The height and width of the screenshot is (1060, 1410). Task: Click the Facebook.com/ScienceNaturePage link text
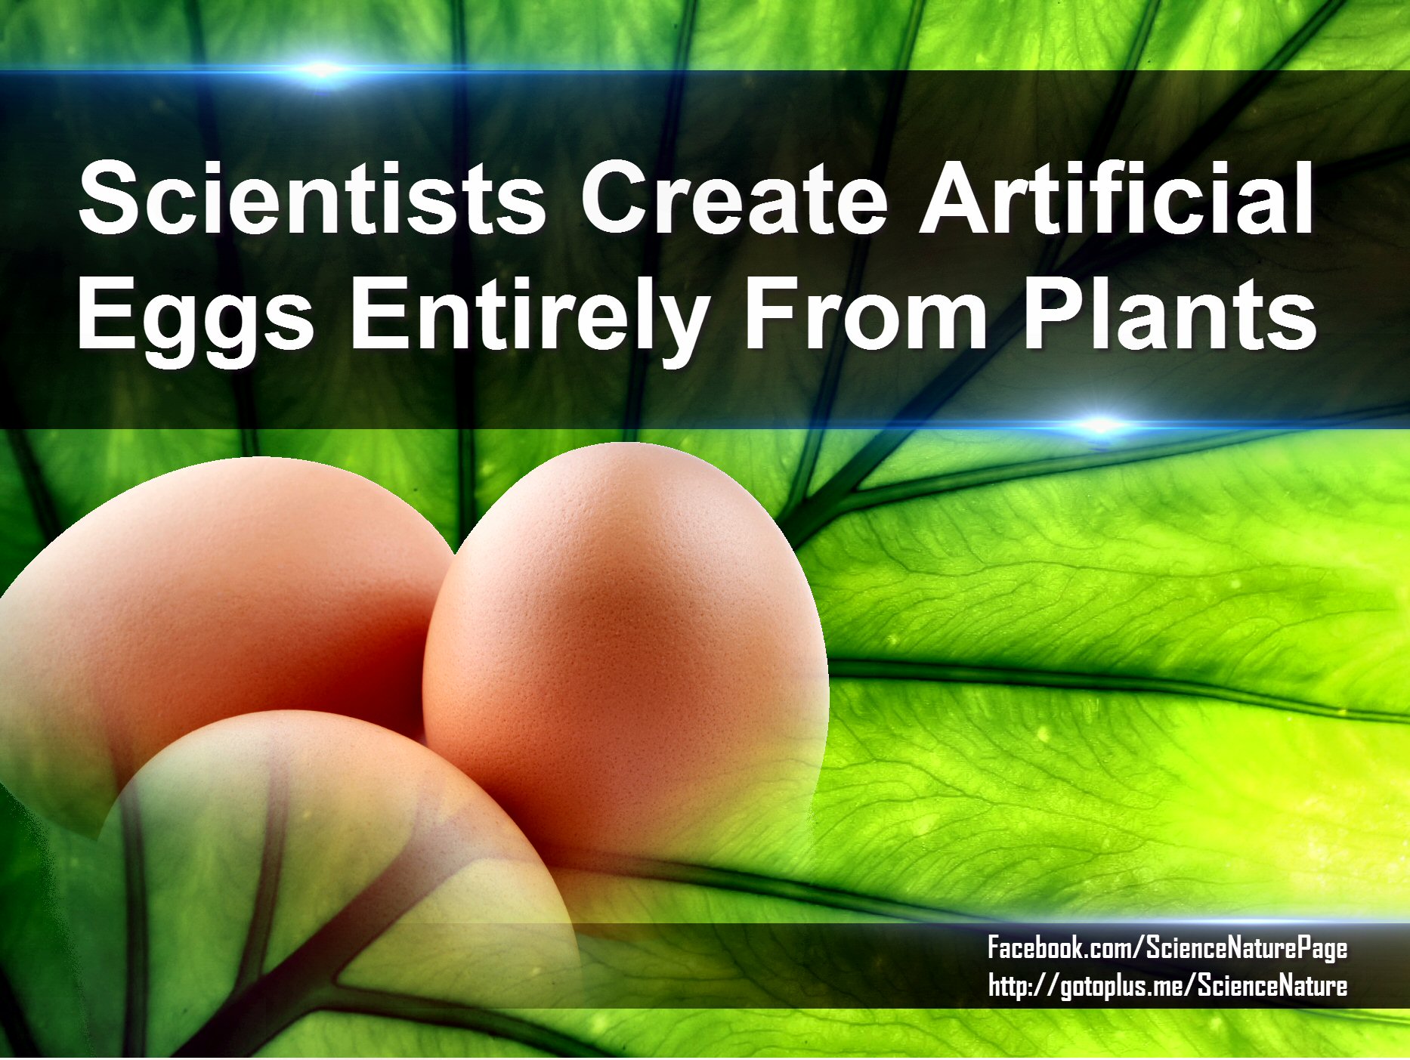click(x=1167, y=948)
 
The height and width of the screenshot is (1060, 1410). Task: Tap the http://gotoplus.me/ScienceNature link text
click(x=1167, y=986)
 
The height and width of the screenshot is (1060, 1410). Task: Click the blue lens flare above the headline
click(x=321, y=70)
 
